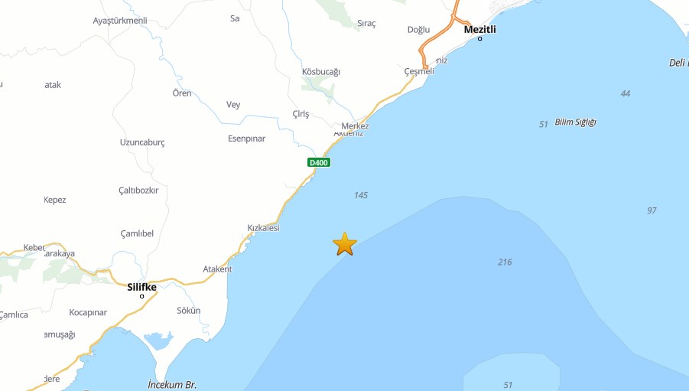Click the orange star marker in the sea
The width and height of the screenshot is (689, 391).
pyautogui.click(x=345, y=244)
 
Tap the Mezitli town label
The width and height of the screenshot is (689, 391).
pyautogui.click(x=480, y=29)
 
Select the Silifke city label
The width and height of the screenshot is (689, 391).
pyautogui.click(x=142, y=287)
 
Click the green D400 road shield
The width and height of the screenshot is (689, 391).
pyautogui.click(x=318, y=162)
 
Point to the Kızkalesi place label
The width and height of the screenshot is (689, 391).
pyautogui.click(x=263, y=228)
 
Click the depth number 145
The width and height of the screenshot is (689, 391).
pyautogui.click(x=361, y=195)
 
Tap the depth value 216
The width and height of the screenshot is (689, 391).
pyautogui.click(x=505, y=262)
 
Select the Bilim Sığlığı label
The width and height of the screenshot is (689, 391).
pyautogui.click(x=575, y=122)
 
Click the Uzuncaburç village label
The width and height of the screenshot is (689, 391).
pyautogui.click(x=142, y=142)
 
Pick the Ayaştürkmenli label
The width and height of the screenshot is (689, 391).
pyautogui.click(x=119, y=21)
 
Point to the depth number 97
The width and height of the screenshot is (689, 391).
pyautogui.click(x=652, y=210)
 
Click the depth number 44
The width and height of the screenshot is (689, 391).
pyautogui.click(x=626, y=93)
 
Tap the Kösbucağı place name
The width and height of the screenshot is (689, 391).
pyautogui.click(x=321, y=72)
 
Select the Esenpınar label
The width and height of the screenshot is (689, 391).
pyautogui.click(x=246, y=138)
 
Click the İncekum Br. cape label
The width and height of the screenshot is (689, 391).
pyautogui.click(x=172, y=384)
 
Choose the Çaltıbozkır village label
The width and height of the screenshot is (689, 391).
pyautogui.click(x=138, y=191)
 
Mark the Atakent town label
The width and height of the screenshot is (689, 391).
pyautogui.click(x=217, y=269)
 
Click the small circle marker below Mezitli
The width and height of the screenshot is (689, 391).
pyautogui.click(x=480, y=38)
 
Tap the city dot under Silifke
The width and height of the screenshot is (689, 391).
pyautogui.click(x=142, y=296)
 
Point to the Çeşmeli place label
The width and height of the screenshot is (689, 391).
pyautogui.click(x=419, y=71)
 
